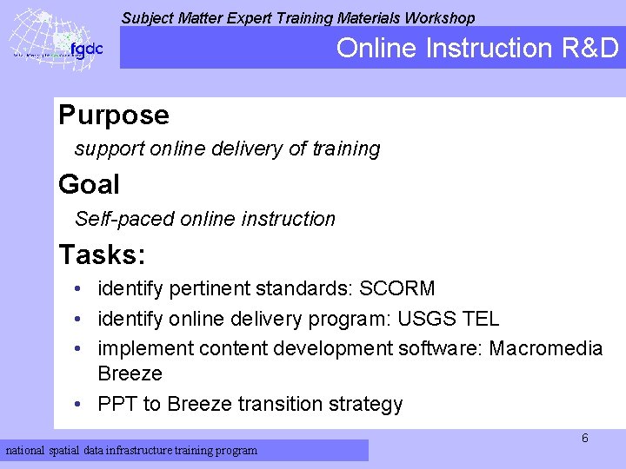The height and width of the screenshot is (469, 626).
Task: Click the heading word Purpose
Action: coord(113,116)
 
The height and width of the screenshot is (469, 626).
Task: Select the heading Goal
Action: coord(89,185)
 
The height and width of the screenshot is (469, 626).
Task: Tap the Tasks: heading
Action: coord(102,255)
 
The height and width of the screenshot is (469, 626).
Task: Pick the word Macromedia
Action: coord(545,349)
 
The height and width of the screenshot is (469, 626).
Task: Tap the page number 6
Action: coord(584,439)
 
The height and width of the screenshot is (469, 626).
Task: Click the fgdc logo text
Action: coord(86,49)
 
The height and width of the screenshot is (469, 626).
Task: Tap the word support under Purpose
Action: coord(110,149)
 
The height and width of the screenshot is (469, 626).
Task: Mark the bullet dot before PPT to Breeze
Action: coord(78,405)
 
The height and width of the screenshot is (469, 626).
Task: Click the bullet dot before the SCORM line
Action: coord(78,288)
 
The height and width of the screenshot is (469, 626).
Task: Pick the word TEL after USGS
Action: coord(482,319)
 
